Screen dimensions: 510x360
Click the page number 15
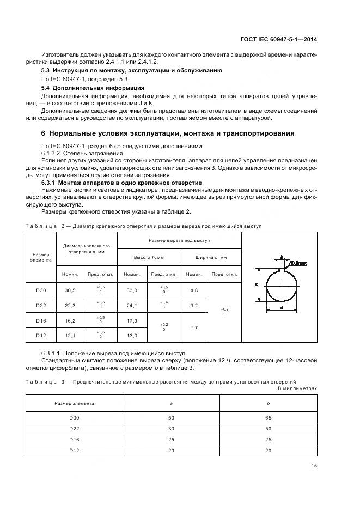[314, 466]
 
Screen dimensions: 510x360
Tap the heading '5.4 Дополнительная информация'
[93, 88]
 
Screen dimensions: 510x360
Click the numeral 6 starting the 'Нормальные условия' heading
[44, 133]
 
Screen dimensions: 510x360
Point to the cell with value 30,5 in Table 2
[70, 291]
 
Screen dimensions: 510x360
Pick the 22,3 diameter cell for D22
[70, 306]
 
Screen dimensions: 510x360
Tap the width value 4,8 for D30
[194, 291]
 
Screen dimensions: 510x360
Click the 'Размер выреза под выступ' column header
[179, 240]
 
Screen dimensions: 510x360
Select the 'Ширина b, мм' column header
[211, 257]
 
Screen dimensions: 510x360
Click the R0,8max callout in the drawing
[298, 263]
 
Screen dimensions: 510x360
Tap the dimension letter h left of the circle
[255, 284]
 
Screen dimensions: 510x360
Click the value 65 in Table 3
[269, 418]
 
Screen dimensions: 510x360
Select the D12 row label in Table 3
[75, 451]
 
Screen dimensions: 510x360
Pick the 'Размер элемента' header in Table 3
[75, 403]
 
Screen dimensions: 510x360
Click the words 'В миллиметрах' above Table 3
[297, 388]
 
